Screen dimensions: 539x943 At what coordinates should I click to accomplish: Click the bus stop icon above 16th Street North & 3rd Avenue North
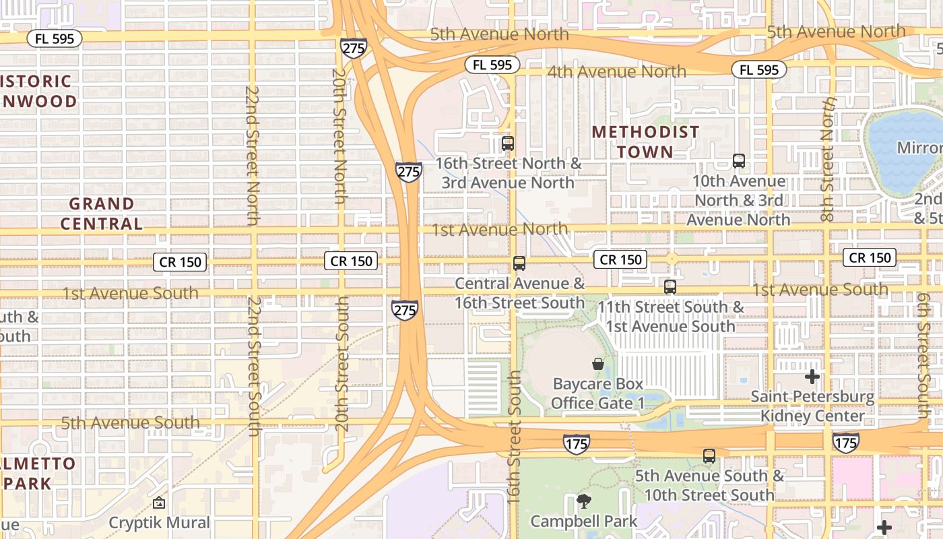[x=508, y=144]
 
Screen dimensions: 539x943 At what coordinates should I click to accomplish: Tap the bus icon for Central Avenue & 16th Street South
[x=519, y=263]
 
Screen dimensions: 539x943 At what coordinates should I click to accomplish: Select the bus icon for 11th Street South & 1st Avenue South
[x=670, y=287]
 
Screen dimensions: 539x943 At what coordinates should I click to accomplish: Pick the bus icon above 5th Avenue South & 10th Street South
[x=709, y=456]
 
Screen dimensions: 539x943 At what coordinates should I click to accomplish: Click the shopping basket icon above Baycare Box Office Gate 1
[x=597, y=364]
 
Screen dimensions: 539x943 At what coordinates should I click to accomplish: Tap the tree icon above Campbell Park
[x=583, y=501]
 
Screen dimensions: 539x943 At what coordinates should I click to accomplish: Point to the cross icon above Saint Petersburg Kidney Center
[x=812, y=377]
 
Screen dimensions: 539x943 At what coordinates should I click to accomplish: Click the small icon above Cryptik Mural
[x=159, y=503]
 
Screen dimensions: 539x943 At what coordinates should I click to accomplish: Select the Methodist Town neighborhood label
[x=645, y=142]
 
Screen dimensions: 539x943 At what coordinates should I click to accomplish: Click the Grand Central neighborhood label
[x=102, y=214]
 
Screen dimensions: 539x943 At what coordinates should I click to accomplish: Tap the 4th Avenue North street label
[x=616, y=71]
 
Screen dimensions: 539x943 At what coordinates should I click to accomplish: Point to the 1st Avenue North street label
[x=500, y=230]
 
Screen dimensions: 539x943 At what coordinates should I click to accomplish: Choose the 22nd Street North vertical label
[x=253, y=155]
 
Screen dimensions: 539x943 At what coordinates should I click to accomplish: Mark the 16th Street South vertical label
[x=515, y=437]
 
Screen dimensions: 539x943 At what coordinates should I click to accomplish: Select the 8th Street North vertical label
[x=828, y=159]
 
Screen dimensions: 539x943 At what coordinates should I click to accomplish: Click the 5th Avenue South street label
[x=131, y=423]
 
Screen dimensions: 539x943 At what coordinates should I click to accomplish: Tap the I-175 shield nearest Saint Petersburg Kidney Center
[x=845, y=443]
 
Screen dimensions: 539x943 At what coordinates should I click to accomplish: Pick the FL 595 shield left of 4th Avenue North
[x=492, y=65]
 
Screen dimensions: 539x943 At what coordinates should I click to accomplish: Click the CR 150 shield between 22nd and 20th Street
[x=180, y=262]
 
